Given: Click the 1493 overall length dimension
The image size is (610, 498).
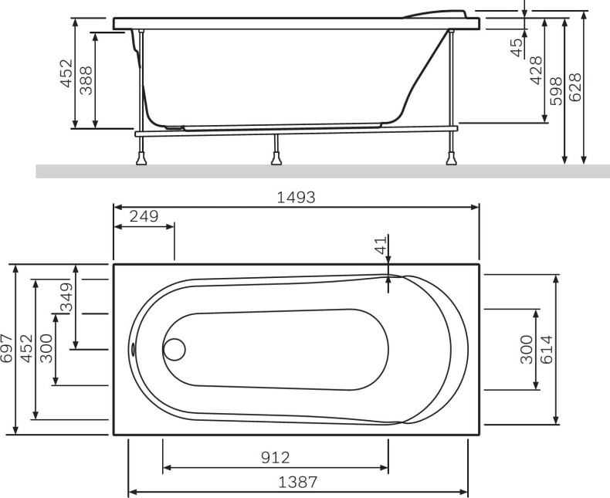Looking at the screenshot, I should pyautogui.click(x=296, y=197).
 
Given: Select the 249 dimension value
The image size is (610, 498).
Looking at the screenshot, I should pyautogui.click(x=144, y=216).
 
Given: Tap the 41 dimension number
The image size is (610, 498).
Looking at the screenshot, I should pyautogui.click(x=380, y=246).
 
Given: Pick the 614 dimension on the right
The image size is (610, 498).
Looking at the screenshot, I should pyautogui.click(x=547, y=351).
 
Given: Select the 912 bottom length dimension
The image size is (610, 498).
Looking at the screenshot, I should pyautogui.click(x=275, y=458).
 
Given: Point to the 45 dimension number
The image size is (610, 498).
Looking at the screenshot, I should pyautogui.click(x=517, y=48).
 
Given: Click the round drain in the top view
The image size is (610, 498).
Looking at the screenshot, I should pyautogui.click(x=175, y=349).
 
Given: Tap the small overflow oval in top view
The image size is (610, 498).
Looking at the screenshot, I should pyautogui.click(x=133, y=349).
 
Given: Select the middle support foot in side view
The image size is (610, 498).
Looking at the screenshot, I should pyautogui.click(x=275, y=161).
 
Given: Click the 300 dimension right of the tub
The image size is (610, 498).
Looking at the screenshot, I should pyautogui.click(x=527, y=351).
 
